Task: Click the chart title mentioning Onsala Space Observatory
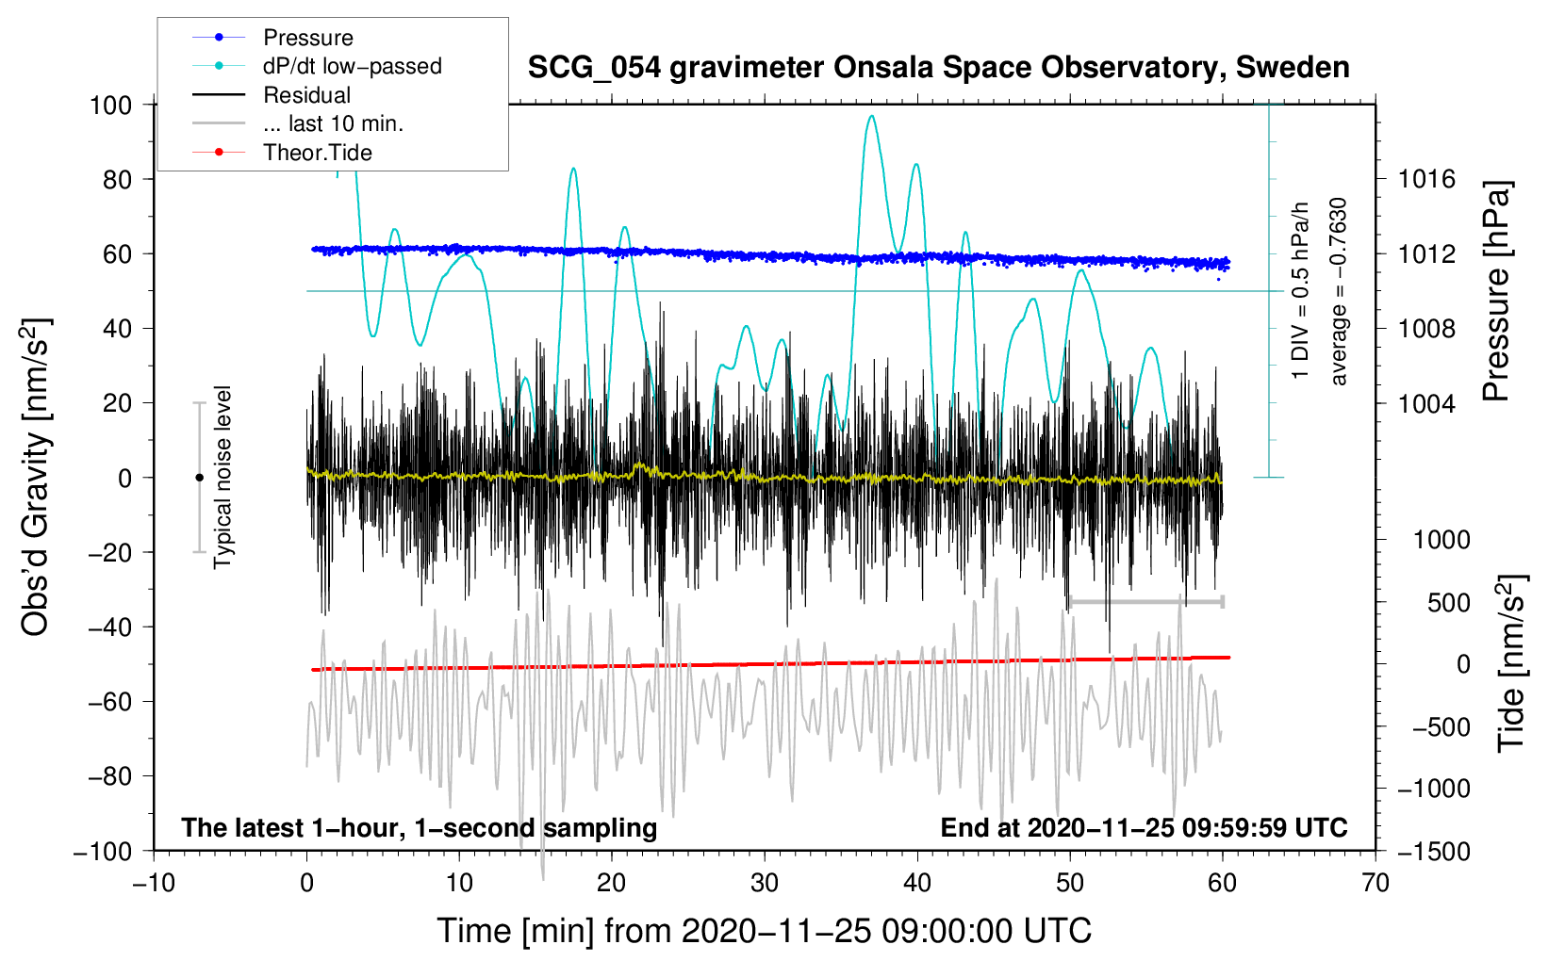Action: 938,68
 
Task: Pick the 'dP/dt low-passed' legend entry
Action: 352,66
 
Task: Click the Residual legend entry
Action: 306,95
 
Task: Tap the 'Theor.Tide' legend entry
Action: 317,153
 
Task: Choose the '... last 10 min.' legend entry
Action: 333,123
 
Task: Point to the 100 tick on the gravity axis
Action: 110,105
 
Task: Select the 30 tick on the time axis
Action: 765,883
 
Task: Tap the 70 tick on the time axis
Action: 1376,883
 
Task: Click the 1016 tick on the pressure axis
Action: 1426,179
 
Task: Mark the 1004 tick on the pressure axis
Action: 1426,403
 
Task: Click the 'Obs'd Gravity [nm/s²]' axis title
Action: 36,478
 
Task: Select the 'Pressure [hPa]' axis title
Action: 1496,291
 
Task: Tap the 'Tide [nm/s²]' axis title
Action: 1511,663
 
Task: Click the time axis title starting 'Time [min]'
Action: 765,931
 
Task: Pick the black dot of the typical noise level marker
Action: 199,478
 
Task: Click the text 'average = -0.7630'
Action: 1339,291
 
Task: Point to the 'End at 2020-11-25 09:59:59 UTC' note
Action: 1144,827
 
